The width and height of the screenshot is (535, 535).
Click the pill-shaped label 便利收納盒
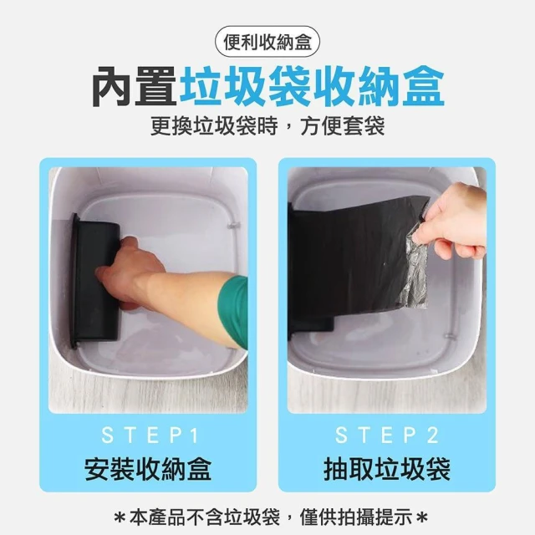267,43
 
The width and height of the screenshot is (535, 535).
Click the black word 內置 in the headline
134,87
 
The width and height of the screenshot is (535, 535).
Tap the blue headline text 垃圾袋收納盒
312,87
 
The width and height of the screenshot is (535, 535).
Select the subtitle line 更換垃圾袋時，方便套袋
267,126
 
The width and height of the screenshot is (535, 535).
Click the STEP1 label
150,436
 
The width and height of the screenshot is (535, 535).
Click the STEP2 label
387,436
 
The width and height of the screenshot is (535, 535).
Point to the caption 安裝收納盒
148,469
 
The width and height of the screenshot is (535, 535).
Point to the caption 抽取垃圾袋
387,469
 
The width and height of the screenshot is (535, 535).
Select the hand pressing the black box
130,273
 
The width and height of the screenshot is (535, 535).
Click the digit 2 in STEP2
433,436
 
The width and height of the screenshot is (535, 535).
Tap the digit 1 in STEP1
194,436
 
